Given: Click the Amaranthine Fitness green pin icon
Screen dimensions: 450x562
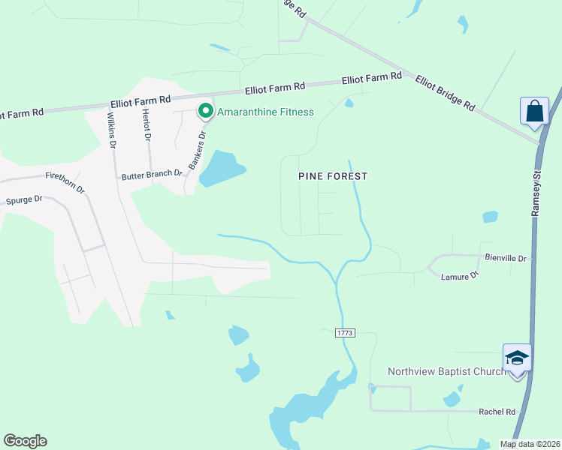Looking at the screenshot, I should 204,112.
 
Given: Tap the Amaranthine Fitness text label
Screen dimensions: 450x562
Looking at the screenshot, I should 265,112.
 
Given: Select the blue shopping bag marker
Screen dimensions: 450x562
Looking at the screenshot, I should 533,111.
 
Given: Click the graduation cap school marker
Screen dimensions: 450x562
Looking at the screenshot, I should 517,358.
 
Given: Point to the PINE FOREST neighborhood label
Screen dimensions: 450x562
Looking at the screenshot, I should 333,176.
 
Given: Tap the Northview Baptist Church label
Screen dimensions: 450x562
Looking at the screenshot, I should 447,371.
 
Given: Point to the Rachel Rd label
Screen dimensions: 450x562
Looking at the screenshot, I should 497,412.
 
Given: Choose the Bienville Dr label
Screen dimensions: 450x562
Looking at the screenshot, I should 507,259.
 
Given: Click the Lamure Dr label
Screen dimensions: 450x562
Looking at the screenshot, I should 459,276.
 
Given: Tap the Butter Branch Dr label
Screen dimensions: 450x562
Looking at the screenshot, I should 153,174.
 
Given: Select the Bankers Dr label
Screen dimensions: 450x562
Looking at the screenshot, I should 196,150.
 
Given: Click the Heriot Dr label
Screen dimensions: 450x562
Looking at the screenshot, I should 147,127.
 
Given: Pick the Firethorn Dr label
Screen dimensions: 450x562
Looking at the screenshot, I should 65,184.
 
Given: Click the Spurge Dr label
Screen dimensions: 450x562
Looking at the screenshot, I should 25,200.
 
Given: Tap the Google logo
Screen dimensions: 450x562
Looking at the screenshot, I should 25,441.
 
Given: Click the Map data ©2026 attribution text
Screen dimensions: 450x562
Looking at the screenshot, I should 530,444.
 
